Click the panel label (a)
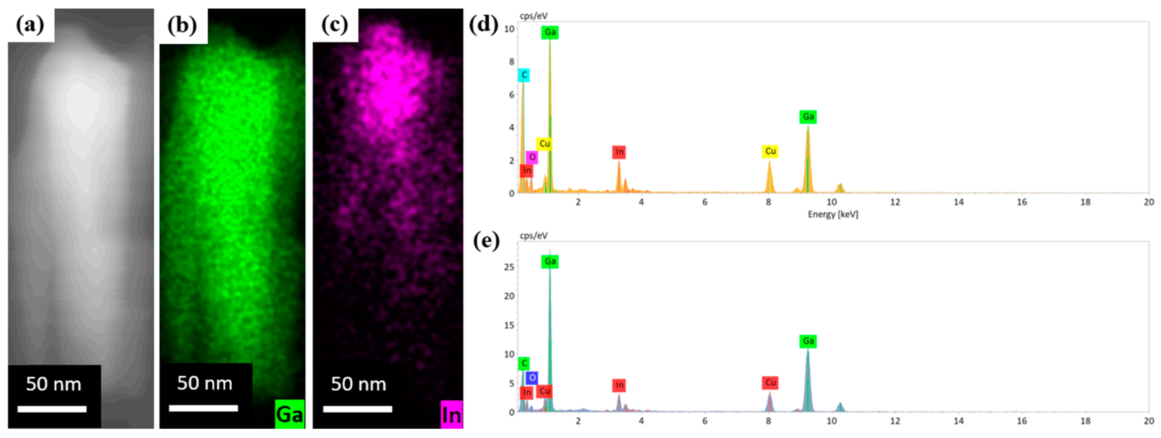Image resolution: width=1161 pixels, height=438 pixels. click(x=30, y=25)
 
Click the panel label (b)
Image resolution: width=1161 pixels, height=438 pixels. click(x=182, y=25)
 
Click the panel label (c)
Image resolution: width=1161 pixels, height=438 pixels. click(x=335, y=25)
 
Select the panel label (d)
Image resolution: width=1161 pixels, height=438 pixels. click(x=484, y=25)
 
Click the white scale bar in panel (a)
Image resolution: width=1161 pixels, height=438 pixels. click(x=52, y=409)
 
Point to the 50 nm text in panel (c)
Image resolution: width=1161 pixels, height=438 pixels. click(x=358, y=384)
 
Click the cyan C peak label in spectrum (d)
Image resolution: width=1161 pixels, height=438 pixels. click(x=524, y=75)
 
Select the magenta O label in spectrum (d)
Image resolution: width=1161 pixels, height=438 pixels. click(x=532, y=157)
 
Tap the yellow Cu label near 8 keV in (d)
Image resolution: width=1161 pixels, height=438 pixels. click(x=770, y=151)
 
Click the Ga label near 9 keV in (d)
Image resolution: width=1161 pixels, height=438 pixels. click(x=808, y=117)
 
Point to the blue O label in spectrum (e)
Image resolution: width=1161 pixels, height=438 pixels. click(x=532, y=378)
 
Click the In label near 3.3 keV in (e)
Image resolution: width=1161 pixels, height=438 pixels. click(x=619, y=385)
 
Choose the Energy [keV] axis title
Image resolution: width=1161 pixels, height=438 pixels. click(x=832, y=215)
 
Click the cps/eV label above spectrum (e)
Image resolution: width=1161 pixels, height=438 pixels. click(x=534, y=235)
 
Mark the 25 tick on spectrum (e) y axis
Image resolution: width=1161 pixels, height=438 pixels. click(x=509, y=267)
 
